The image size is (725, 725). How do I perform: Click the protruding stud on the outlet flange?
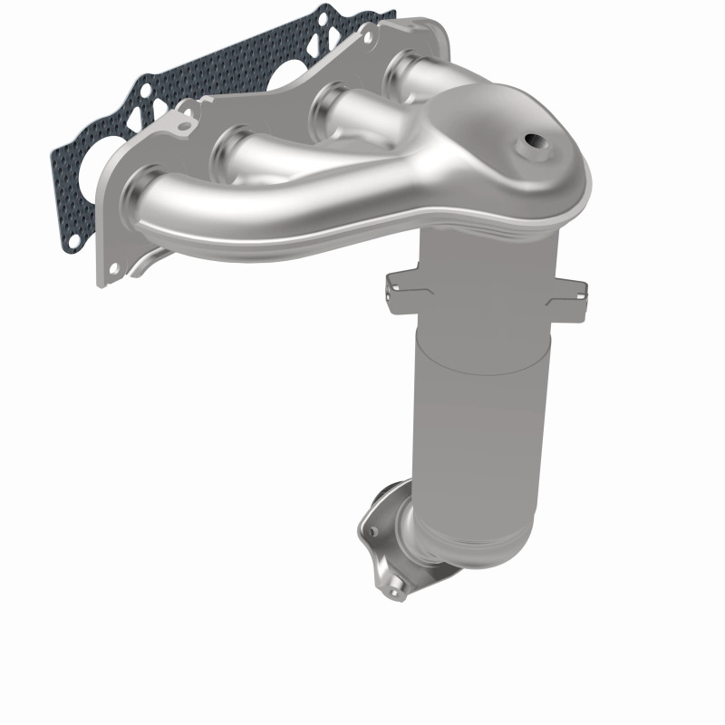(x=393, y=594)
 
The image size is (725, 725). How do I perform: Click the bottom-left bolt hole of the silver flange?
(x=113, y=269)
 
